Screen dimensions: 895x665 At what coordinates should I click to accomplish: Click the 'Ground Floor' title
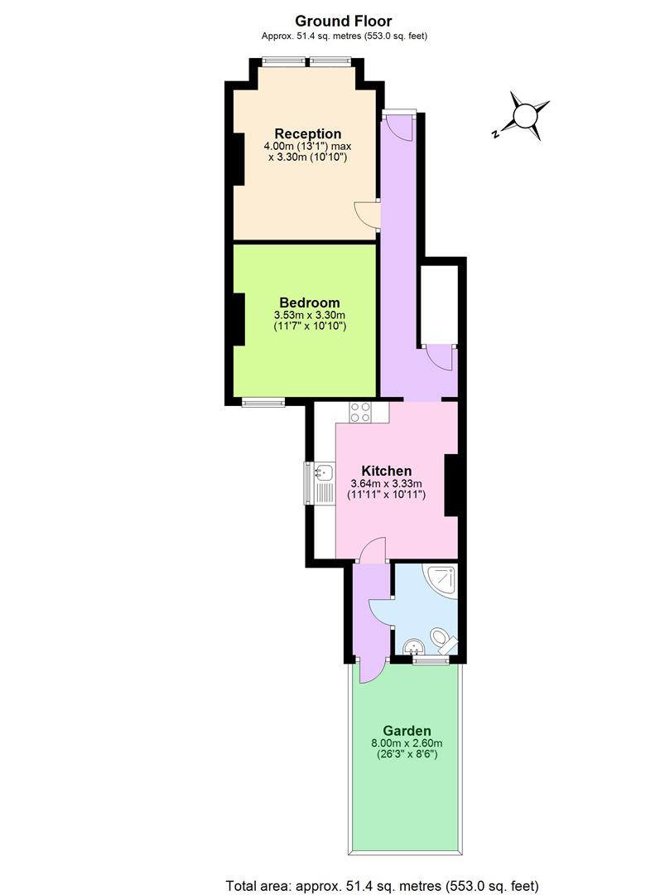344,21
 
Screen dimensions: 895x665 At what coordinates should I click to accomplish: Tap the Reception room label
307,133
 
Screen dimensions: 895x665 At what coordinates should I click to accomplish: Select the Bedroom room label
309,302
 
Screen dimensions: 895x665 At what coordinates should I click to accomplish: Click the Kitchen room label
386,471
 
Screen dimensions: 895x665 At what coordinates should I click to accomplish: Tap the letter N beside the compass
494,133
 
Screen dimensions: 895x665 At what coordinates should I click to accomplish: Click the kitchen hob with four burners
362,412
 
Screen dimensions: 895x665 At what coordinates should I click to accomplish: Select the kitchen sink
322,474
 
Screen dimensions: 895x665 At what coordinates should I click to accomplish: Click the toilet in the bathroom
441,641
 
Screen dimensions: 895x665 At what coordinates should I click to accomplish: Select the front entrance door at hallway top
395,125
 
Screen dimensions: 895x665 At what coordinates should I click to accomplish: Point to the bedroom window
263,403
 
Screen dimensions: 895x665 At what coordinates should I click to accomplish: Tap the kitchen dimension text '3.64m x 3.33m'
386,484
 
